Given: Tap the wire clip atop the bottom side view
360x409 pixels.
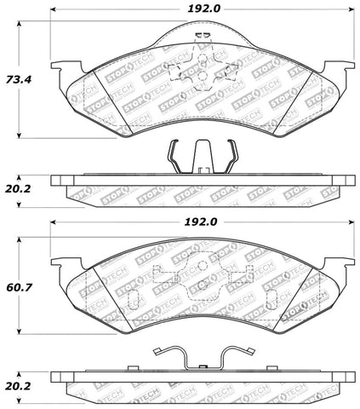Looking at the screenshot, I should pos(199,355).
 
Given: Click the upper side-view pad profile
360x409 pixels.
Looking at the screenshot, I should pos(199,181).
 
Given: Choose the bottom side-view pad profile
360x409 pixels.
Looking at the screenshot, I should pos(199,376).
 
